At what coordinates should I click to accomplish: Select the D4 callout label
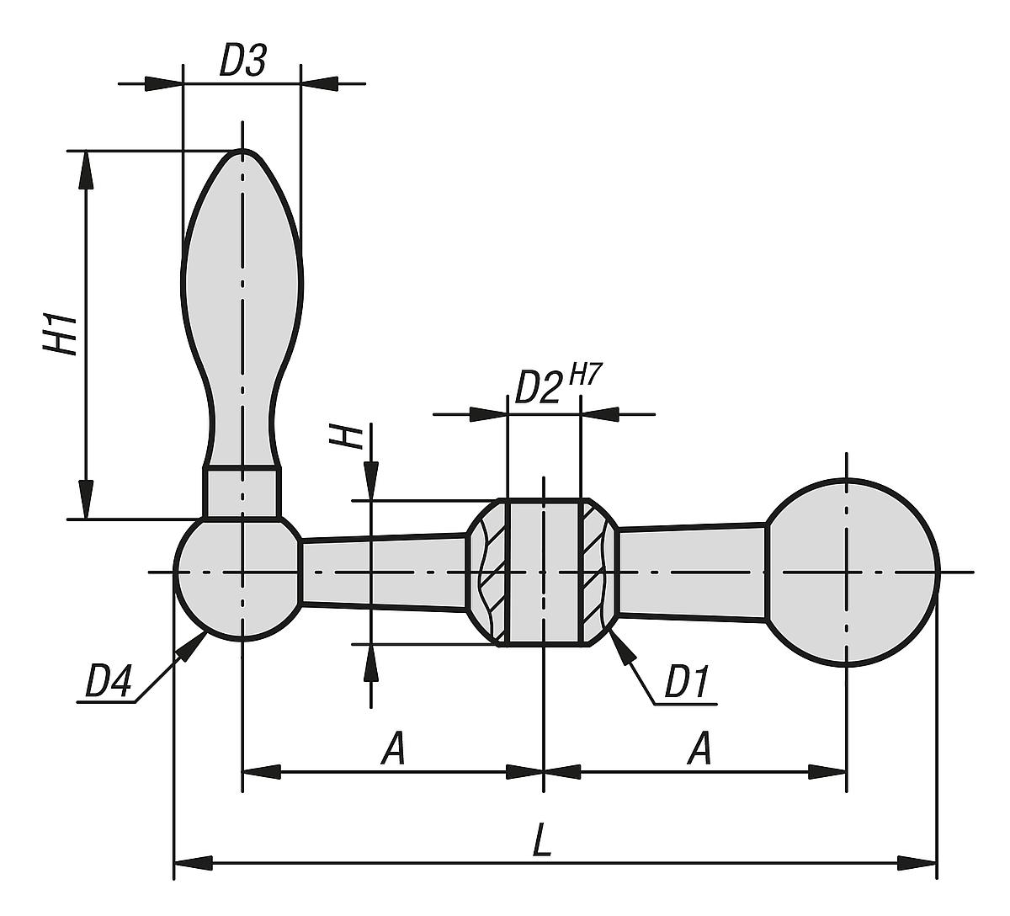click(x=109, y=681)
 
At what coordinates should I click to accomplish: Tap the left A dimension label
click(x=393, y=748)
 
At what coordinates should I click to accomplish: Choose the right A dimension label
click(x=699, y=748)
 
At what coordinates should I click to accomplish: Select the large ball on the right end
click(x=850, y=572)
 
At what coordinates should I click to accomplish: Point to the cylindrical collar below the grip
click(x=242, y=492)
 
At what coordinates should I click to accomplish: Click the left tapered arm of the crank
click(x=383, y=572)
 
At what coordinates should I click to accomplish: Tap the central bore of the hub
click(x=544, y=572)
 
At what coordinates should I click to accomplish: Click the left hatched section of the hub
click(x=490, y=572)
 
